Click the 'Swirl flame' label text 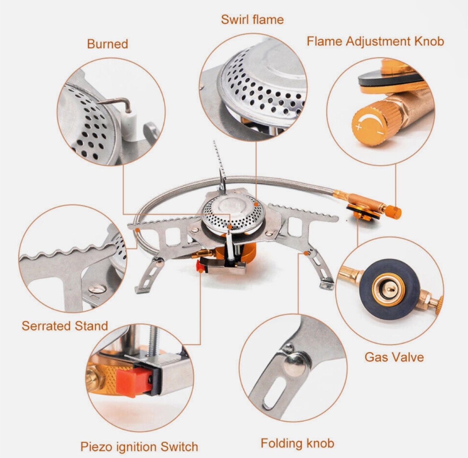tap(252, 19)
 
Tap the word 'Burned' tap(108, 44)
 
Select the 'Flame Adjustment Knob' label tap(375, 41)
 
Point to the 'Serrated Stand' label tap(65, 326)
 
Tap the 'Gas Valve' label tap(394, 357)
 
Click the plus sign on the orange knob tap(359, 126)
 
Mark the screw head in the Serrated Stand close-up tap(97, 289)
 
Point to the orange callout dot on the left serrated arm tap(137, 230)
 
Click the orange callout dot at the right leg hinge tap(306, 253)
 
